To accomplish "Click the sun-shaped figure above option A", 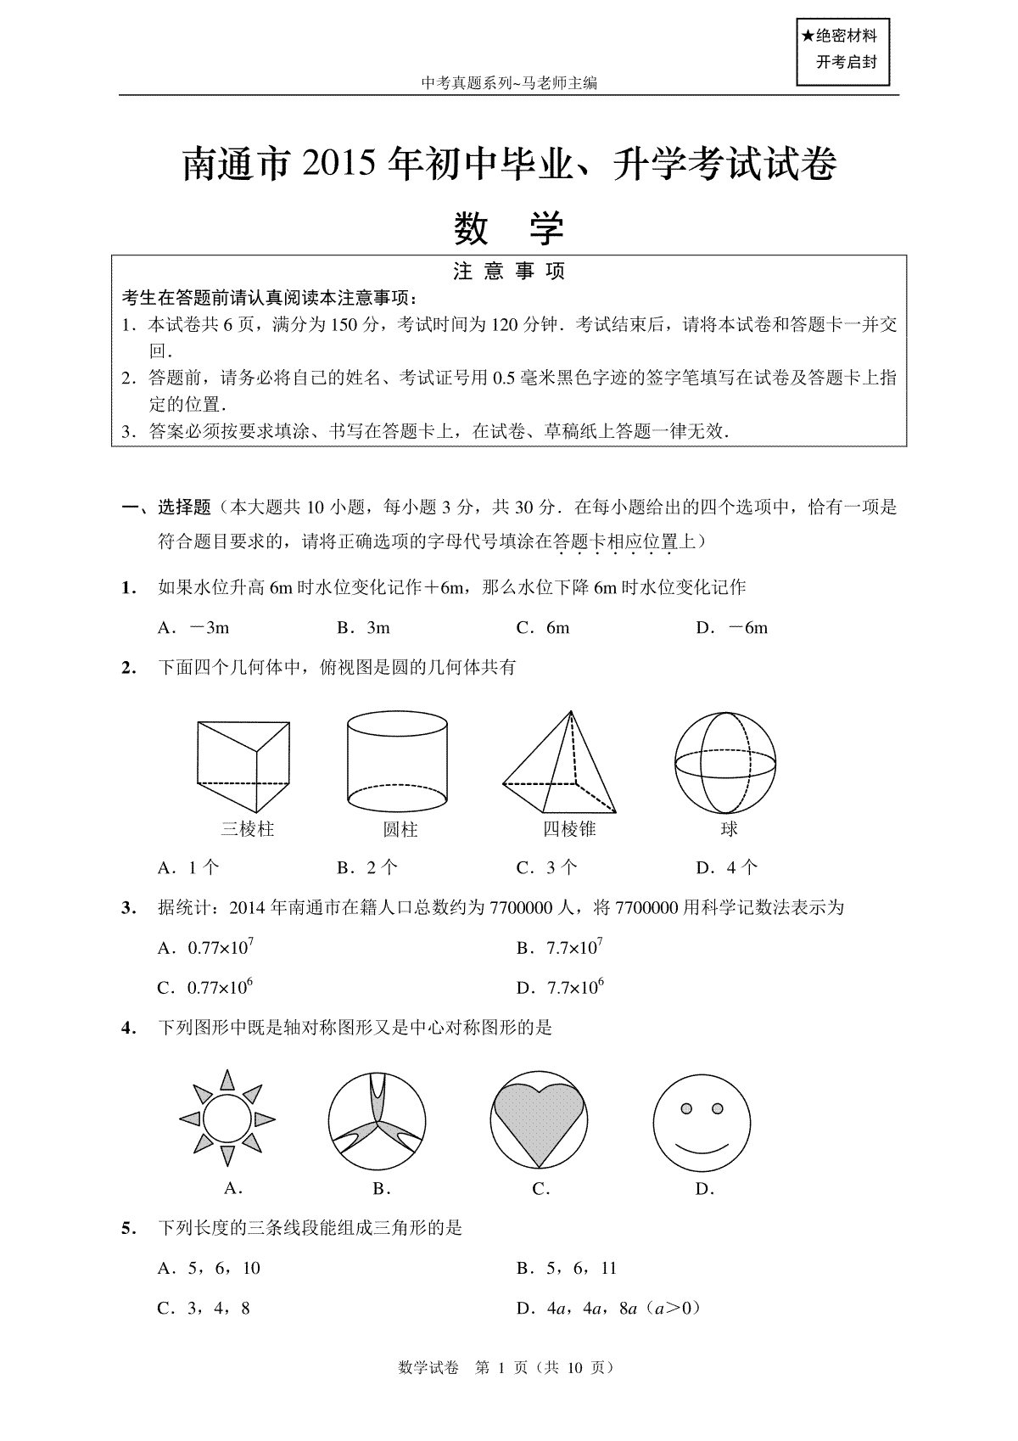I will [x=227, y=1119].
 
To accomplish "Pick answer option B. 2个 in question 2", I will [x=367, y=867].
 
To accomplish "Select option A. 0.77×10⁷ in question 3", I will [x=206, y=947].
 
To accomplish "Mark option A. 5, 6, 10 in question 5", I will [x=209, y=1268].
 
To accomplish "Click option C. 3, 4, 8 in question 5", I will [x=204, y=1308].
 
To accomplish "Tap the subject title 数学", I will [x=509, y=227].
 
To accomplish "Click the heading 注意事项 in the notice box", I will [x=509, y=272].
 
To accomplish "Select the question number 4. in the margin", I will [x=129, y=1028].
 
